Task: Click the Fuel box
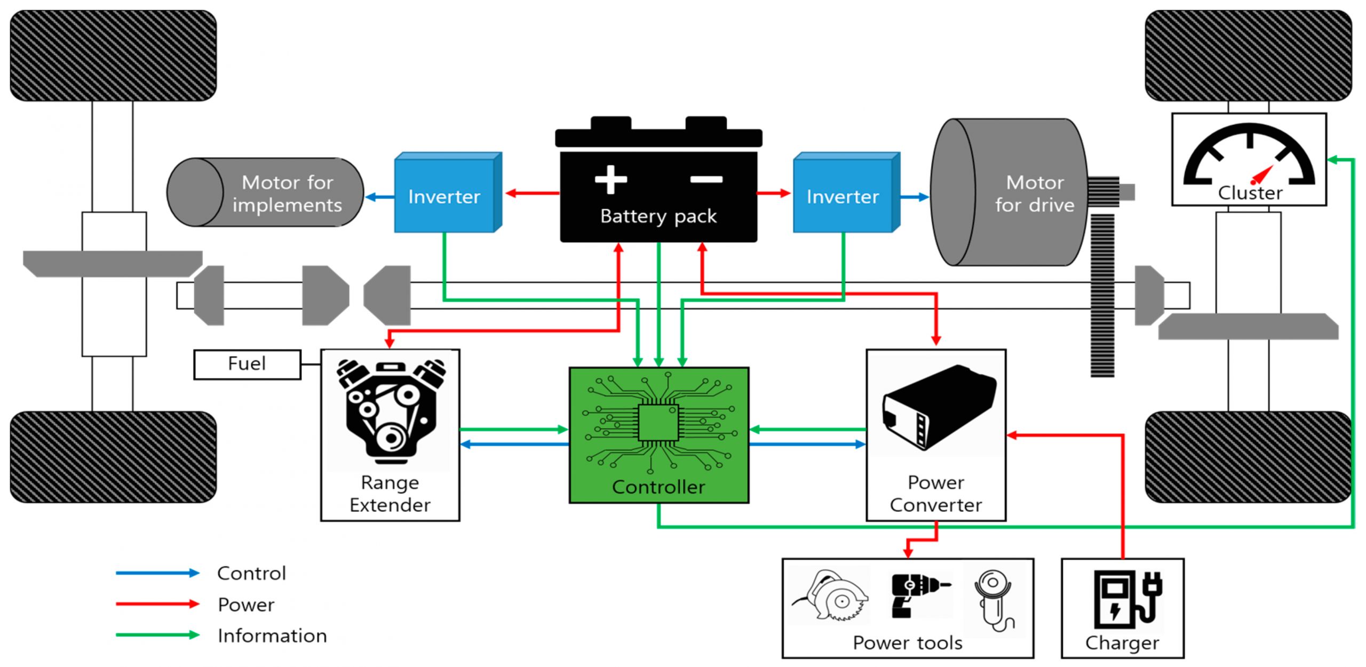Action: tap(247, 364)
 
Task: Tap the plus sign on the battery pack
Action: tap(610, 179)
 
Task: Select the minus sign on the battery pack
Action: tap(706, 179)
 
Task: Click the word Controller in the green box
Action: tap(658, 487)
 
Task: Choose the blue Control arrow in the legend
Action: tap(157, 573)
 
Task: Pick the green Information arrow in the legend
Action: tap(157, 635)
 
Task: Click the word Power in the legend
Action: tap(246, 605)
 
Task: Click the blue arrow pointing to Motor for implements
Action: tap(379, 197)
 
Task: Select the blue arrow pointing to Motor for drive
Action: tap(915, 197)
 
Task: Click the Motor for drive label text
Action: tap(1034, 194)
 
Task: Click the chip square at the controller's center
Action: tap(658, 422)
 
